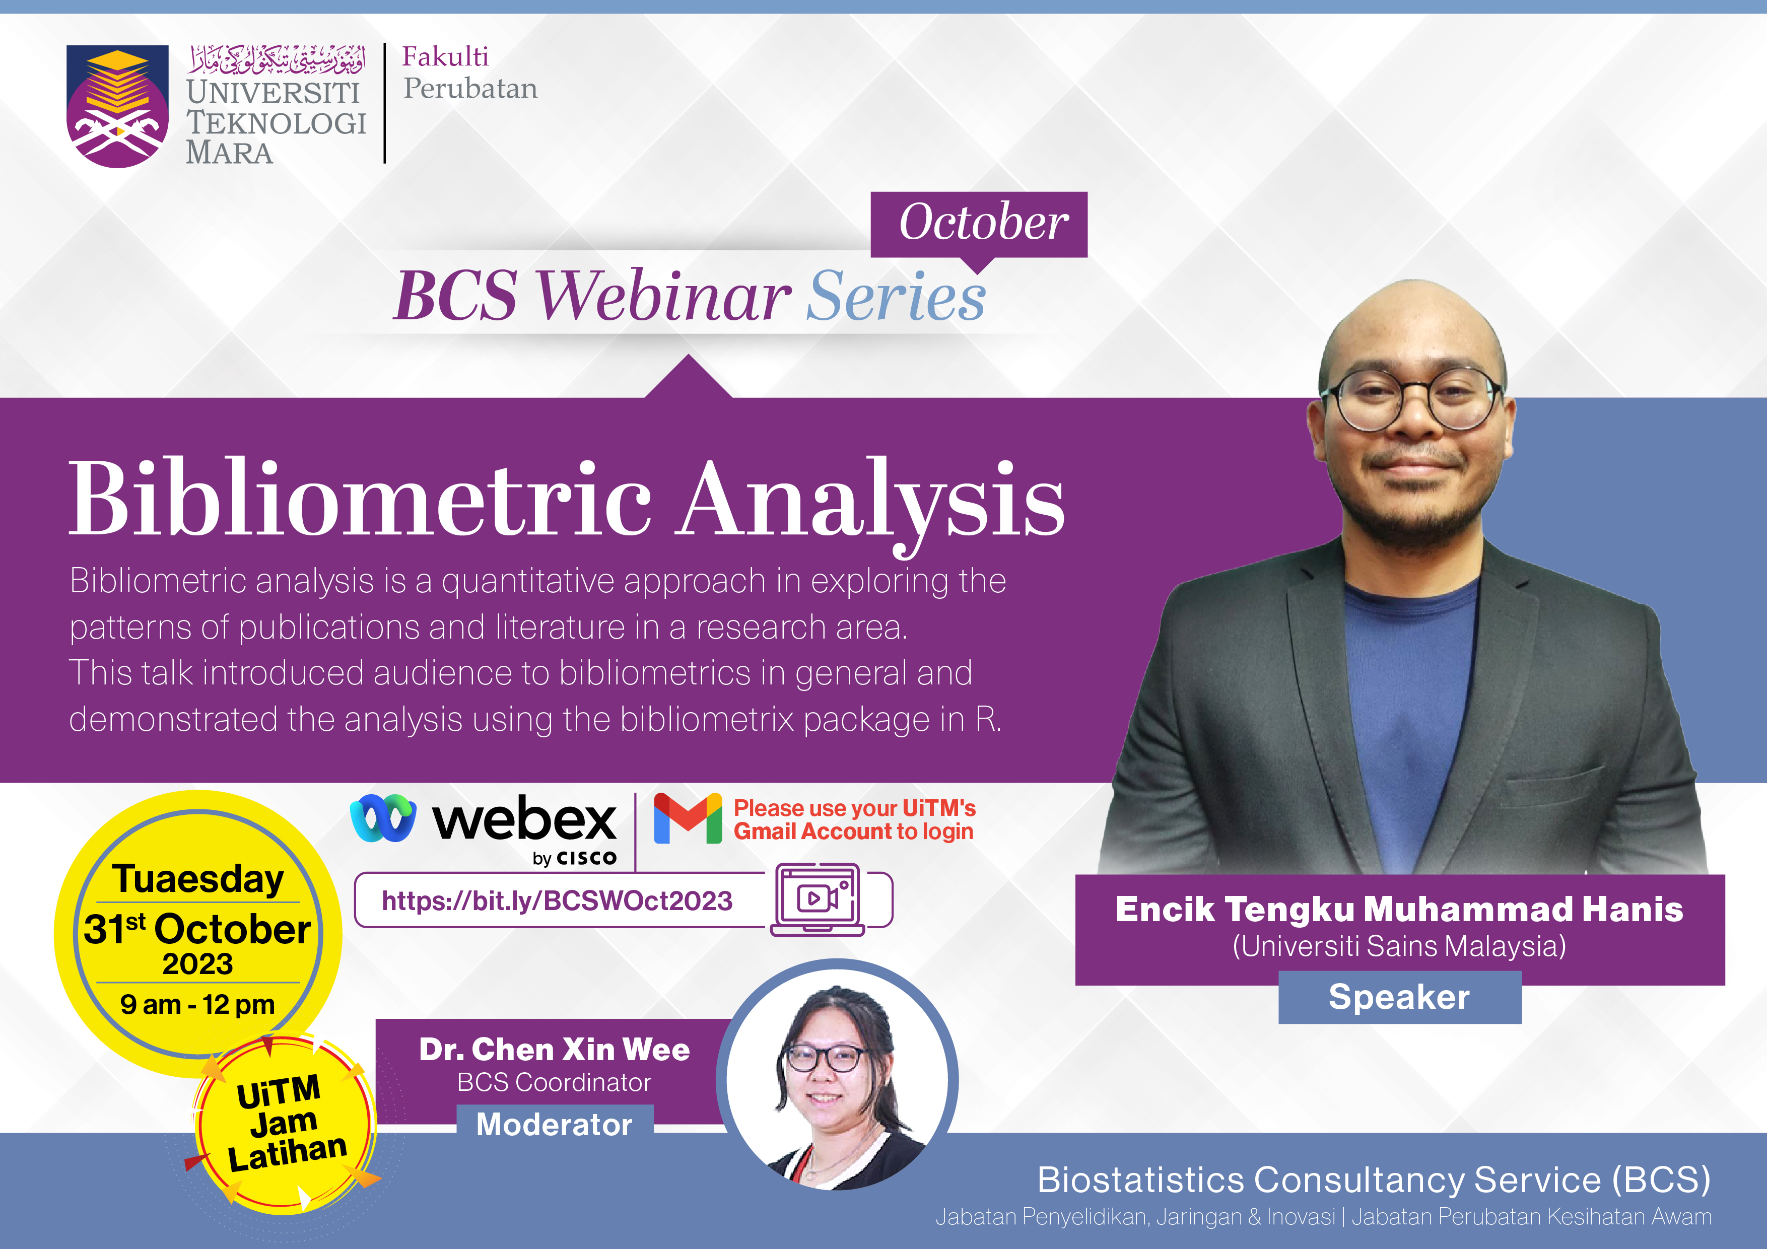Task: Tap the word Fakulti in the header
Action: point(446,56)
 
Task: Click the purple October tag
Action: point(979,225)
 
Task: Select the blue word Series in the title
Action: point(896,296)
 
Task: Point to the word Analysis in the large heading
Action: point(871,504)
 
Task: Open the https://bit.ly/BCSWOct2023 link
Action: point(557,900)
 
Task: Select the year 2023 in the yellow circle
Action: point(198,963)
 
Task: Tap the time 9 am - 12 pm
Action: point(198,1004)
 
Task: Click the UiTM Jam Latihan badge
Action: point(285,1124)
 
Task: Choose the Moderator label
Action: point(554,1124)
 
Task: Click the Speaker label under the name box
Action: point(1399,997)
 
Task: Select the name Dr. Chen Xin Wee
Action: point(554,1050)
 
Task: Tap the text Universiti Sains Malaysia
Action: point(1399,946)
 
